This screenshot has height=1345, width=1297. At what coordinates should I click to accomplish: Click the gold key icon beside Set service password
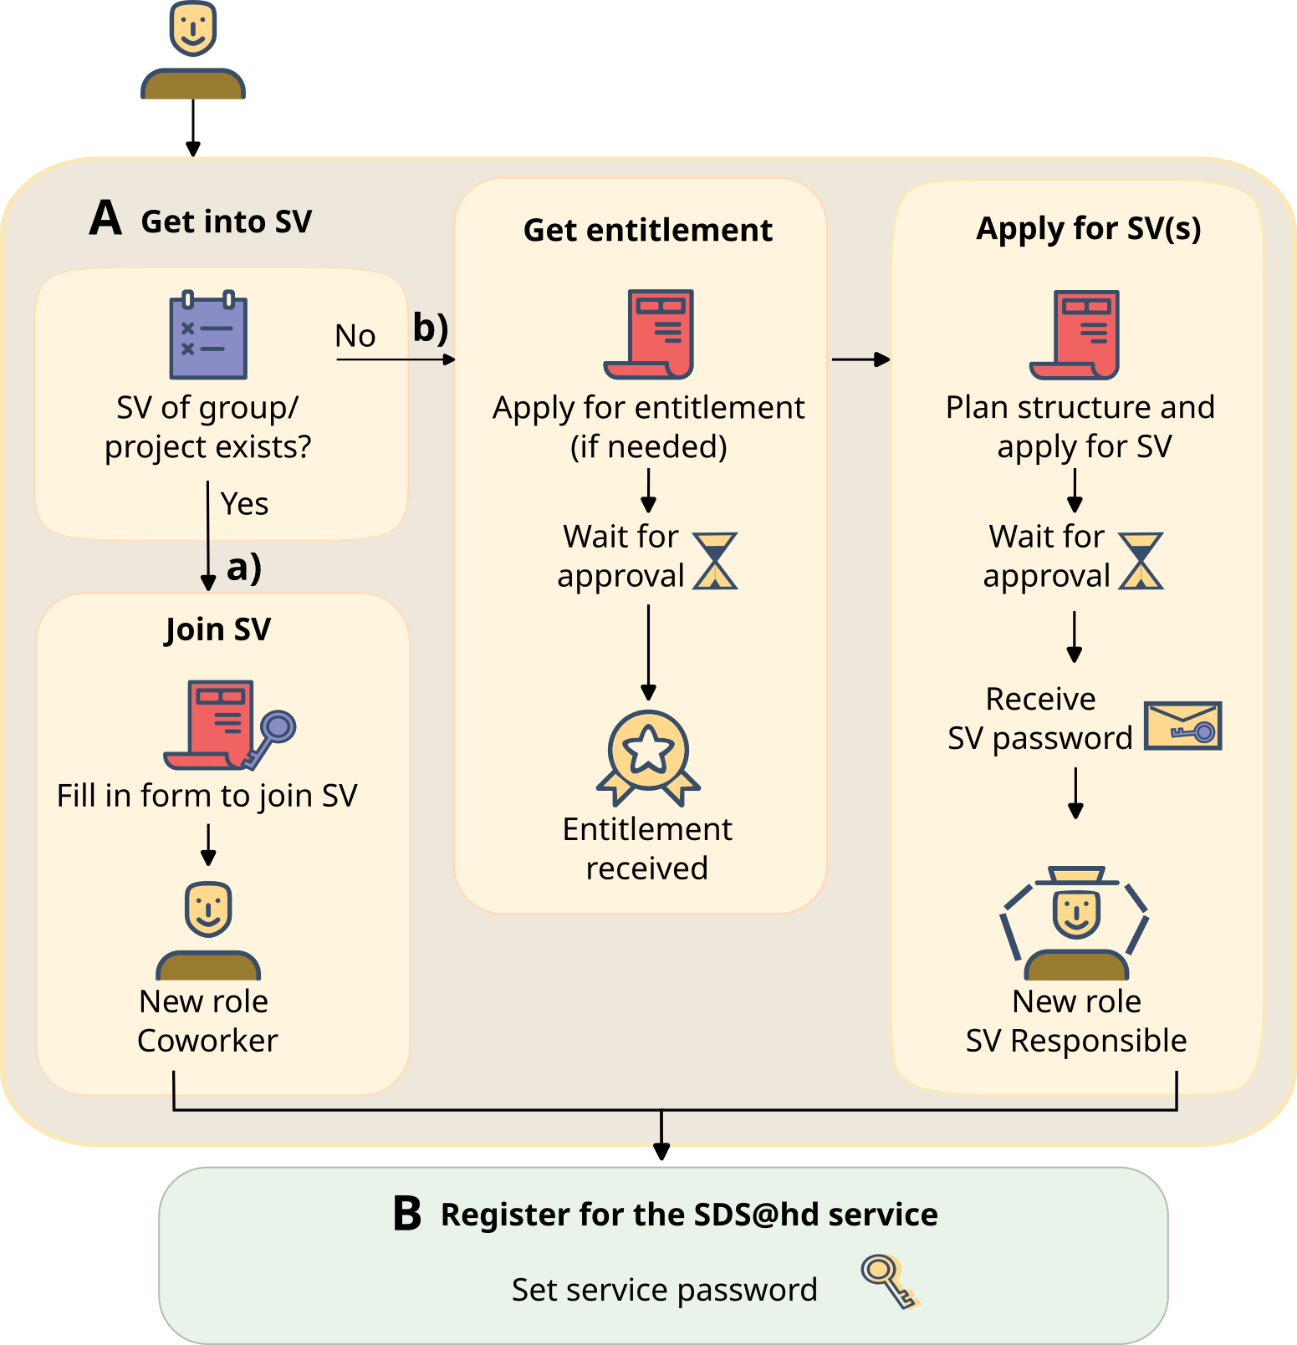[x=890, y=1281]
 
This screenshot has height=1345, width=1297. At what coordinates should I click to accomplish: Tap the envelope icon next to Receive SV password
[x=1182, y=726]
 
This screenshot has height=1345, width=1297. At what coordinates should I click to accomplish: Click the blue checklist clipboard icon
[x=208, y=335]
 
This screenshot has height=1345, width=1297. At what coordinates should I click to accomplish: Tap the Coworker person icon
[x=208, y=930]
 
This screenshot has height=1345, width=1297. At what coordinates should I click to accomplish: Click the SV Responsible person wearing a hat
[x=1075, y=923]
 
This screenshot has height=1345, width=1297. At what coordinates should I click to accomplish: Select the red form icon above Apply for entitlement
[x=650, y=334]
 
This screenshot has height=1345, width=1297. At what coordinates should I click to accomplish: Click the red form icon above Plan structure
[x=1075, y=335]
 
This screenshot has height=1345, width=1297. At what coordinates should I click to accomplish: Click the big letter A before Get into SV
[x=106, y=218]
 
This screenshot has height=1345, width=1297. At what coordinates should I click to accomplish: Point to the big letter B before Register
[x=407, y=1214]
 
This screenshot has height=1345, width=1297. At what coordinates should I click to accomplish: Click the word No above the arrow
[x=355, y=336]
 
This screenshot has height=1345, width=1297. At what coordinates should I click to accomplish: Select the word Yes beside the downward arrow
[x=244, y=504]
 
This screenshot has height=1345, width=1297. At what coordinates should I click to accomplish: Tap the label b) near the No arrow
[x=431, y=328]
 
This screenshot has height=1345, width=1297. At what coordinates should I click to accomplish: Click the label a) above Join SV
[x=244, y=568]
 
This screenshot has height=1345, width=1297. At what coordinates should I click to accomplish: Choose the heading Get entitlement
[x=648, y=230]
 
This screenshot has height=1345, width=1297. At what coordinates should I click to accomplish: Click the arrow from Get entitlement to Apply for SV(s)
[x=860, y=359]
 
